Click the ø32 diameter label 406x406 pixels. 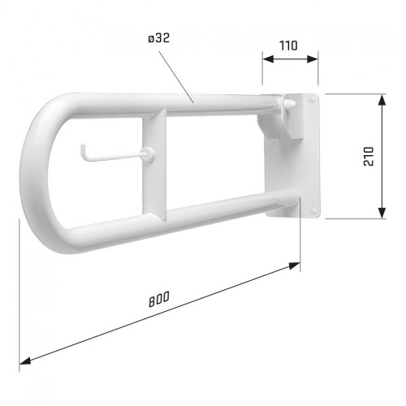pos(159,38)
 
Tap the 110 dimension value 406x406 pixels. pos(288,45)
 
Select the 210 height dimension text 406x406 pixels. pos(369,156)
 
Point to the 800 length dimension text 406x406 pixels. pos(159,299)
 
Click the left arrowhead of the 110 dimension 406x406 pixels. pos(268,59)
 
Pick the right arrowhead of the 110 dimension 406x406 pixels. pos(312,59)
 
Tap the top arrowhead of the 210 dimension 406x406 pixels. pos(382,100)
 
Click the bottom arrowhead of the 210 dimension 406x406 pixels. pos(382,213)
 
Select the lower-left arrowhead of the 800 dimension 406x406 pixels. pos(25,361)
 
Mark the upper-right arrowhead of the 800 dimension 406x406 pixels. pos(295,266)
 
